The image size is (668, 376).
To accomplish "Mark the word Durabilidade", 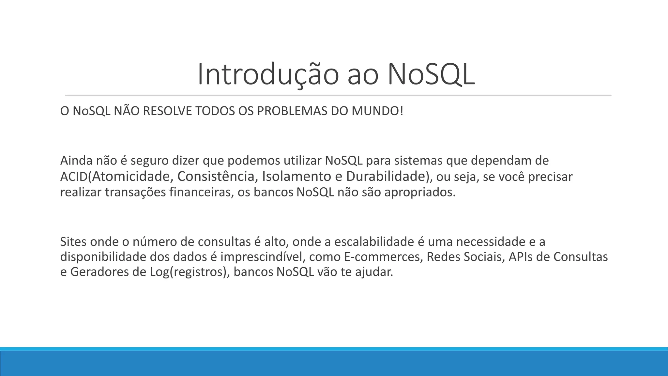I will click(x=386, y=177).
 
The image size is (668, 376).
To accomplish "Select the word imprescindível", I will click(x=263, y=257).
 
